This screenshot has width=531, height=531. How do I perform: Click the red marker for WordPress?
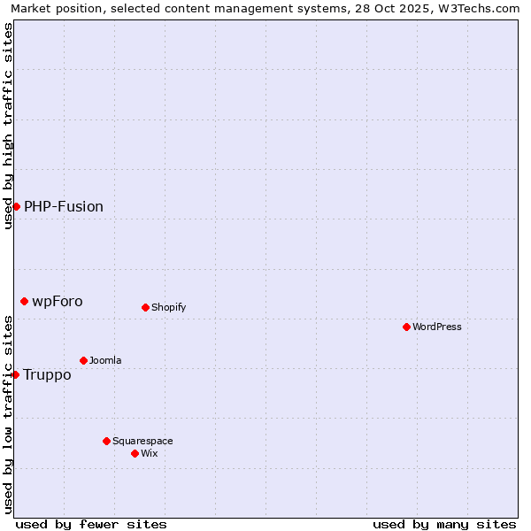pos(406,327)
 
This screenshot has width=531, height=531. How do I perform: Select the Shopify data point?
pos(145,307)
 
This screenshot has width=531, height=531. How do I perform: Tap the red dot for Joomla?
pos(83,360)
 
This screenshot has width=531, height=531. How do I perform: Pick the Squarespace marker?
pos(106,441)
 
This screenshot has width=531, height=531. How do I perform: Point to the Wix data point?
pos(135,453)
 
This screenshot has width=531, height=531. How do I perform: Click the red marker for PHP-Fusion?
pos(16,206)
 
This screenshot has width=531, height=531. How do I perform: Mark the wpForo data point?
pos(24,301)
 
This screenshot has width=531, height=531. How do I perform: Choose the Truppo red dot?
pos(15,374)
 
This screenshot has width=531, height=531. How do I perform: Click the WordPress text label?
pos(437,327)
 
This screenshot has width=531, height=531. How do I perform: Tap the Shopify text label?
pos(168,307)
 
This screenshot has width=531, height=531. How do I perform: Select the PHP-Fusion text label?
pos(64,206)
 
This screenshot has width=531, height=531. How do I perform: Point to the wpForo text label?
pos(58,301)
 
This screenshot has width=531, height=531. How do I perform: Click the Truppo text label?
pos(47,374)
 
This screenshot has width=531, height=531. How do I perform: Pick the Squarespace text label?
pos(142,441)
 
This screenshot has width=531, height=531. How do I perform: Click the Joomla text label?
pos(105,360)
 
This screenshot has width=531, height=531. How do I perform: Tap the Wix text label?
pos(149,453)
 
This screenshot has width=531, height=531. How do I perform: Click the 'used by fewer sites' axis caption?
pos(91,524)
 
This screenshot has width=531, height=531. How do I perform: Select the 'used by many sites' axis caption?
pos(444,524)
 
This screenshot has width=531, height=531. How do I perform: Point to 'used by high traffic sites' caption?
pos(8,126)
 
